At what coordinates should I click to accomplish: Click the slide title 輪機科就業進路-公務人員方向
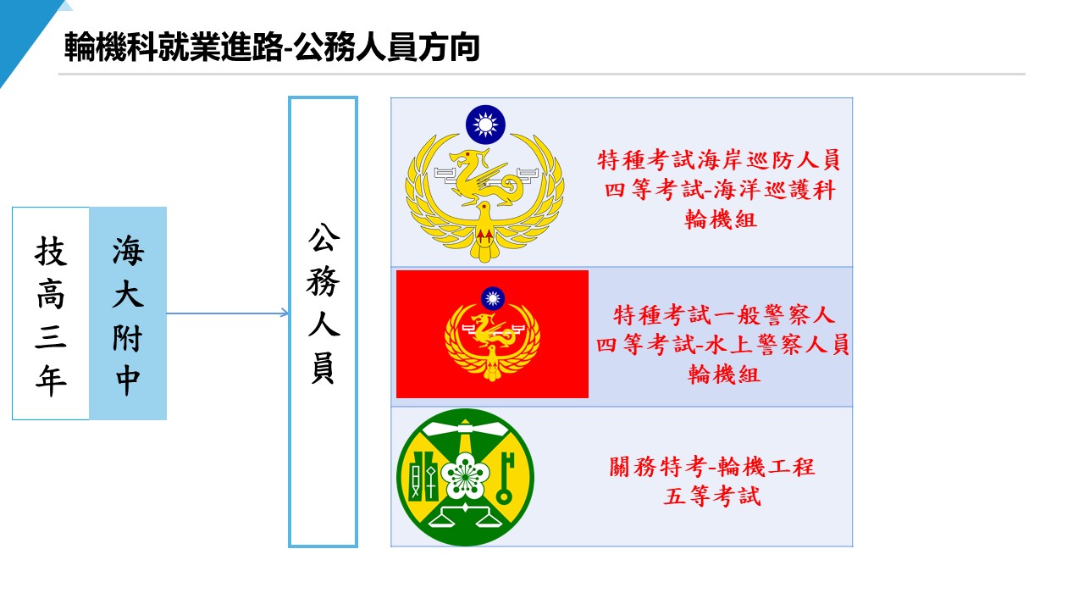(x=272, y=47)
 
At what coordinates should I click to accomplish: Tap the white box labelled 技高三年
(x=51, y=313)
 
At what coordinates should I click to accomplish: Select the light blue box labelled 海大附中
(x=128, y=313)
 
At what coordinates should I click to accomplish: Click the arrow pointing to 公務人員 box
(x=229, y=313)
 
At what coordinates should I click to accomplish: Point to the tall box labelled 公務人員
(x=323, y=322)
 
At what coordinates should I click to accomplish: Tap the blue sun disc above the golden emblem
(x=485, y=125)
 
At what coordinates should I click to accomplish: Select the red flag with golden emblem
(x=492, y=334)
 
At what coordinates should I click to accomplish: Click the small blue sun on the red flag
(x=492, y=297)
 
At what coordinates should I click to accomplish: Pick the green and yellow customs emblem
(x=465, y=477)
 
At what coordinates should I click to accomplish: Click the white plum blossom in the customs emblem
(x=465, y=474)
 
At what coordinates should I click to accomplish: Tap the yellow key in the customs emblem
(x=506, y=477)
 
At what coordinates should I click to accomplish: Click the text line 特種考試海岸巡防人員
(x=719, y=159)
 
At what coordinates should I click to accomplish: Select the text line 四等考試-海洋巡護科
(x=720, y=190)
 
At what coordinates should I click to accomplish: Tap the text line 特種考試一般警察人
(x=724, y=315)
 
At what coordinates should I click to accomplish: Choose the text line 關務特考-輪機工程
(x=712, y=466)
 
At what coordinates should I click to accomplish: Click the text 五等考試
(x=712, y=496)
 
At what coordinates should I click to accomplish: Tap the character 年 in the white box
(x=51, y=381)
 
